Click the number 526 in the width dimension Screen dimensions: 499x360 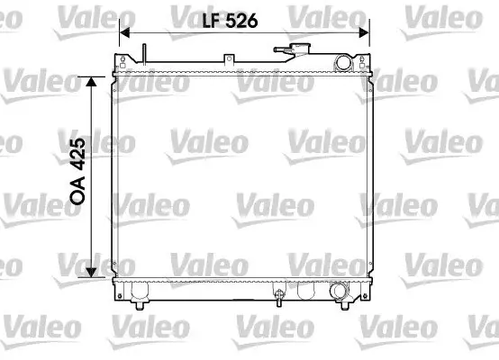(241, 21)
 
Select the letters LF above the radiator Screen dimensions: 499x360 (212, 21)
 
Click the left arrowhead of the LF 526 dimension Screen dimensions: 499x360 (124, 32)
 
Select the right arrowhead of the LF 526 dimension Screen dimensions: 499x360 (364, 32)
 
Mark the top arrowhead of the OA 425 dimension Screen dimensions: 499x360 (91, 82)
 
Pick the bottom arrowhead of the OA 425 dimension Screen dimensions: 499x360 (91, 272)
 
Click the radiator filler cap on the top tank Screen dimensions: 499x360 (299, 49)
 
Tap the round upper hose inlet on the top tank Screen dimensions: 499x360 (343, 63)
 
